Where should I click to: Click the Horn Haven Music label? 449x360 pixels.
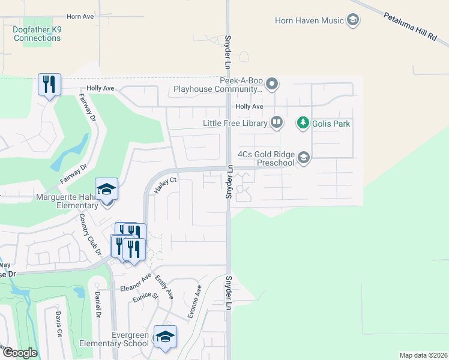pyautogui.click(x=309, y=20)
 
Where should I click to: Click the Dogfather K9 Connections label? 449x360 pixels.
pyautogui.click(x=37, y=34)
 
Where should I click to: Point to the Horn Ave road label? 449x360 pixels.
pyautogui.click(x=80, y=17)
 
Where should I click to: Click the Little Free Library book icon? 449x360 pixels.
pyautogui.click(x=276, y=123)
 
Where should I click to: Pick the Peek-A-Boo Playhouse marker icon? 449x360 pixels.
pyautogui.click(x=272, y=83)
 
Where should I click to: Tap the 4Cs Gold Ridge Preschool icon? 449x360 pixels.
pyautogui.click(x=304, y=158)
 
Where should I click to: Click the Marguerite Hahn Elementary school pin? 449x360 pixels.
pyautogui.click(x=107, y=190)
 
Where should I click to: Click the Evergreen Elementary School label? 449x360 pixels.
pyautogui.click(x=114, y=339)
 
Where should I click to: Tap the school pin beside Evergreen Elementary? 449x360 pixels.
pyautogui.click(x=165, y=337)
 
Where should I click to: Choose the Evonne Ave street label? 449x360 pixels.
pyautogui.click(x=193, y=301)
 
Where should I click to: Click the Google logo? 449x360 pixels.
pyautogui.click(x=19, y=353)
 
